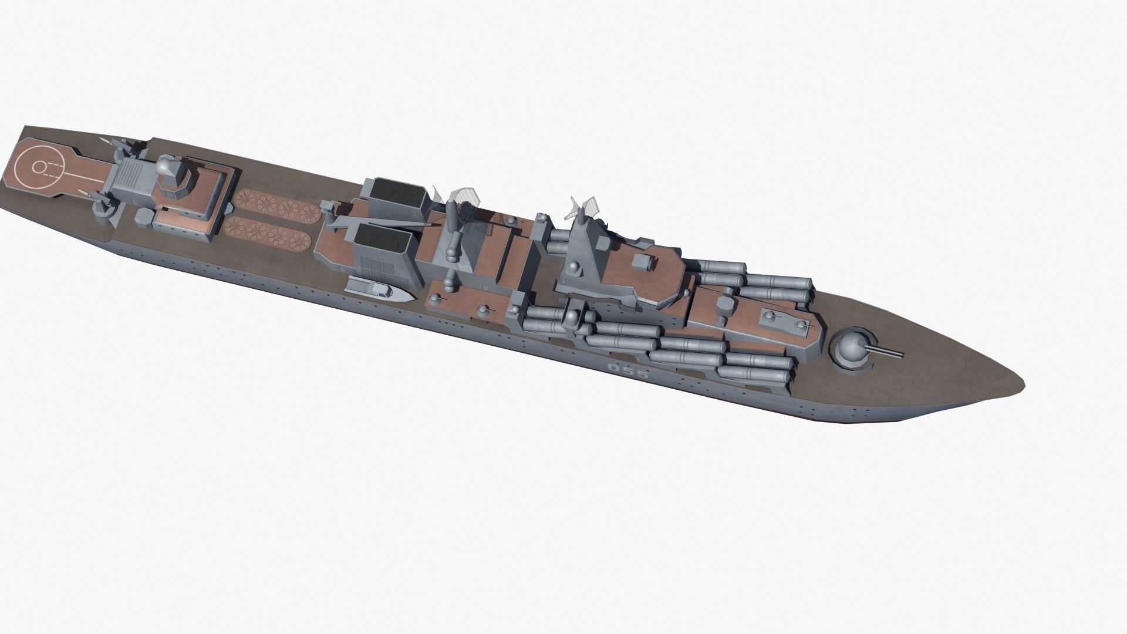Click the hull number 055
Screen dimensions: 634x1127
(x=628, y=371)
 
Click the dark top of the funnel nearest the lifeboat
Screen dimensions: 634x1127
(x=382, y=238)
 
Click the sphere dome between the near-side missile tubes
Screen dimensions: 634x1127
(x=570, y=318)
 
